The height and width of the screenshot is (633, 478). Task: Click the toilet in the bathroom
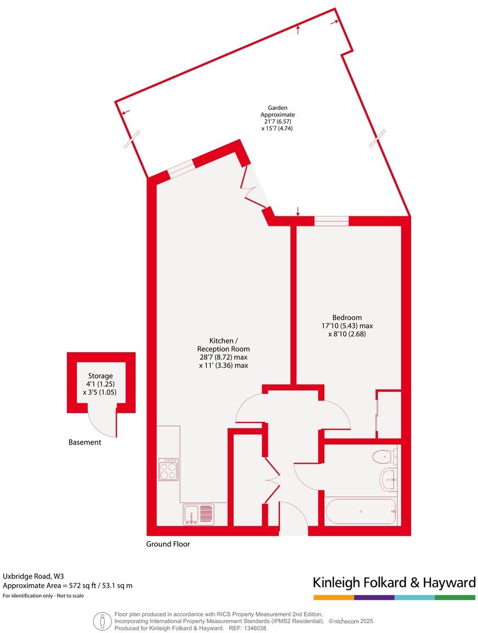[383, 456]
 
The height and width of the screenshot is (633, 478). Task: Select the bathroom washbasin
[389, 480]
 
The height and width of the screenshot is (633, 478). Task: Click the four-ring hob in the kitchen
[168, 469]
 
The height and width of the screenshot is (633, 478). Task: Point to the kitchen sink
[199, 514]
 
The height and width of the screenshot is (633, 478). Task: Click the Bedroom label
[347, 317]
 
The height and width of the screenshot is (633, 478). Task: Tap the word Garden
[277, 108]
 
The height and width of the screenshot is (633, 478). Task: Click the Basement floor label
[85, 442]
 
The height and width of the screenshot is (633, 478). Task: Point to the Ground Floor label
[168, 544]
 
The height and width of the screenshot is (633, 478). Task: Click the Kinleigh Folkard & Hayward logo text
[393, 582]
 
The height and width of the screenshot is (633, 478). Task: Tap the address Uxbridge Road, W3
[33, 576]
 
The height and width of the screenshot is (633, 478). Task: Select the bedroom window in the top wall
[331, 221]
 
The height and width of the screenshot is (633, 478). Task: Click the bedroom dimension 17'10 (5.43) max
[347, 325]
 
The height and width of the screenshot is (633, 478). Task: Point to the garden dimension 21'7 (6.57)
[277, 121]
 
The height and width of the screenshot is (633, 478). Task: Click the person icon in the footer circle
[103, 621]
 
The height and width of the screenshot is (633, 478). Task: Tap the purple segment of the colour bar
[374, 597]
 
